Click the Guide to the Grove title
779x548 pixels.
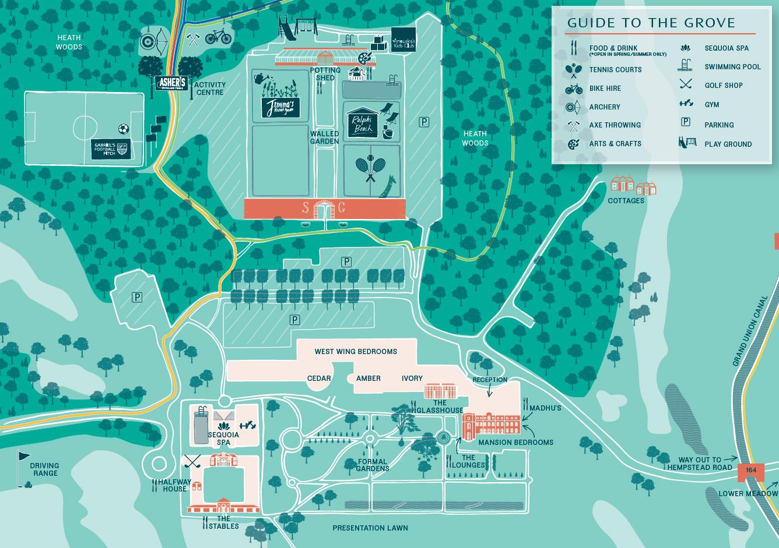coord(651,23)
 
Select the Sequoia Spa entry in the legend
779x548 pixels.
coord(726,48)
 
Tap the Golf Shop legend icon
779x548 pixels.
coord(686,85)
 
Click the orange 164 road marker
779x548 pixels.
coord(750,471)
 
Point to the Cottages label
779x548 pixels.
coord(626,201)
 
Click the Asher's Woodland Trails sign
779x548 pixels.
coord(172,83)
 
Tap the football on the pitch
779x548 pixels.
coord(123,129)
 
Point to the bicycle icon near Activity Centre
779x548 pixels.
coord(218,37)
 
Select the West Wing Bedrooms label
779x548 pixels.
coord(356,352)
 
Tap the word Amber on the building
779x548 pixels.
coord(368,379)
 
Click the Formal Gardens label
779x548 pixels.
coord(373,465)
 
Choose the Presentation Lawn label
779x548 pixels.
coord(370,528)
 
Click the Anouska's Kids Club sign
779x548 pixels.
coord(403,40)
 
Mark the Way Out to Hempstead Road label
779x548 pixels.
coord(699,464)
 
